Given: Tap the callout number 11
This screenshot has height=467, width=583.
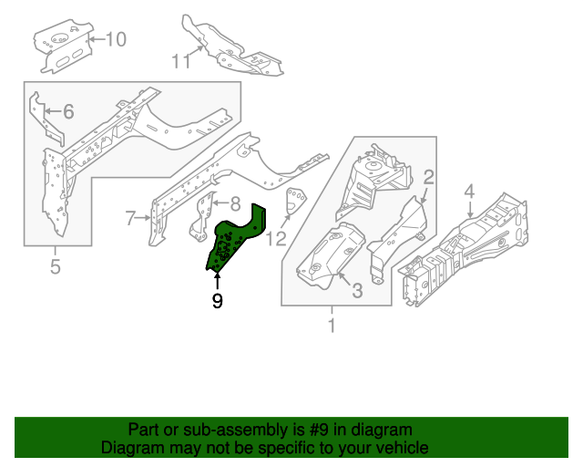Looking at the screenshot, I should pyautogui.click(x=180, y=61).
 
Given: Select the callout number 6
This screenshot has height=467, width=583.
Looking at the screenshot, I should pyautogui.click(x=68, y=112).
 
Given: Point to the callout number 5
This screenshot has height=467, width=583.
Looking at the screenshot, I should pyautogui.click(x=55, y=267).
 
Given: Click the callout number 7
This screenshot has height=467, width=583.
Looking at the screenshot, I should pyautogui.click(x=130, y=217).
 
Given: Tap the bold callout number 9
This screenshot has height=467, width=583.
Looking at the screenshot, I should pyautogui.click(x=217, y=299).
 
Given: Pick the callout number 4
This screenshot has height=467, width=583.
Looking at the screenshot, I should pyautogui.click(x=469, y=192).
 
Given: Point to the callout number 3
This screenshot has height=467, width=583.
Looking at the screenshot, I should pyautogui.click(x=357, y=291).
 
